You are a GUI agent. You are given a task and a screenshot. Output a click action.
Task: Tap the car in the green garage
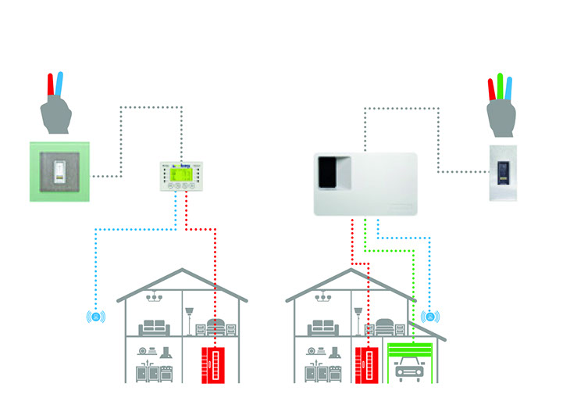[x=409, y=369]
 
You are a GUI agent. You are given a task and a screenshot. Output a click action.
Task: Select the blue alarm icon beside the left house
[x=96, y=317]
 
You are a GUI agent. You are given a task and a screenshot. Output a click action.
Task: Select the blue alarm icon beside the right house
[x=428, y=317]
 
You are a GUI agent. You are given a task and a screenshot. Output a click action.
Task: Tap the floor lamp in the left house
[x=190, y=321]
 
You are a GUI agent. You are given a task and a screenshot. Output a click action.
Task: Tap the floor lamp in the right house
[x=358, y=321]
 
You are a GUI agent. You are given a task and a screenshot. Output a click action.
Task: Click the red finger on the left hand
[x=51, y=87]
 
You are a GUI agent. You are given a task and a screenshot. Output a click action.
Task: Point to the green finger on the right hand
[x=500, y=85]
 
